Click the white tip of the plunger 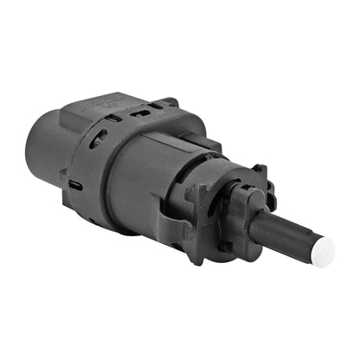[x=322, y=252]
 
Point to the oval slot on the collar [x=97, y=138]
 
